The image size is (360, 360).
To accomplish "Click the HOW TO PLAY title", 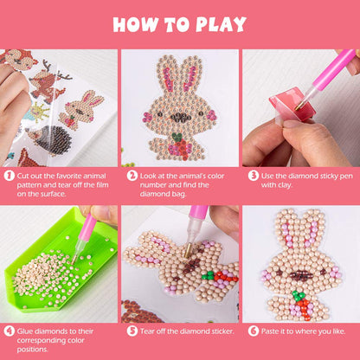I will click(180, 23).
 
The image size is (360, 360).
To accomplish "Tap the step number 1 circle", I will click(10, 175).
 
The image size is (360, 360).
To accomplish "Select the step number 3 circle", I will click(254, 175).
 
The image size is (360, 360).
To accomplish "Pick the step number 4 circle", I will click(10, 330).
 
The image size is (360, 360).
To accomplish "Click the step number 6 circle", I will click(254, 330).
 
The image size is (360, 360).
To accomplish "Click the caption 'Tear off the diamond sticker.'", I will click(183, 330).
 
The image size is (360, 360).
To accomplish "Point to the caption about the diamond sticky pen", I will click(305, 180).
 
